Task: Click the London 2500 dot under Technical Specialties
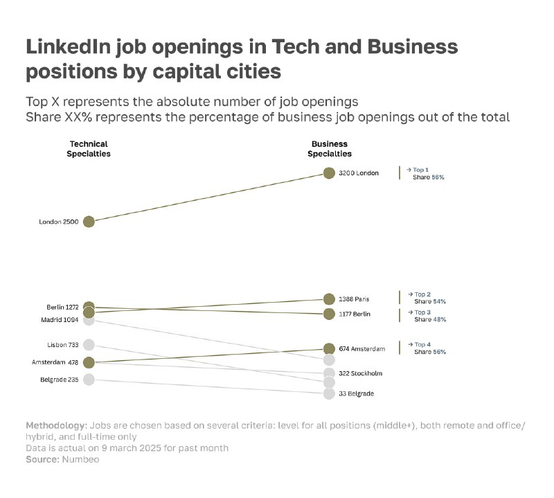pyautogui.click(x=89, y=222)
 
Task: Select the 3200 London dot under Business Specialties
pyautogui.click(x=329, y=173)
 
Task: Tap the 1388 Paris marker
pyautogui.click(x=329, y=299)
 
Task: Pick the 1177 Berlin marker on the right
pyautogui.click(x=329, y=314)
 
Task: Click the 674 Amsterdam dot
pyautogui.click(x=329, y=349)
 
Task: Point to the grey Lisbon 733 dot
pyautogui.click(x=89, y=345)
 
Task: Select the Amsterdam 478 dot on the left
pyautogui.click(x=89, y=362)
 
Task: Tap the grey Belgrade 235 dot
pyautogui.click(x=89, y=380)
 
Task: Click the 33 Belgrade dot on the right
pyautogui.click(x=329, y=393)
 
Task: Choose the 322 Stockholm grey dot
pyautogui.click(x=329, y=373)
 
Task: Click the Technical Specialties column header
pyautogui.click(x=89, y=149)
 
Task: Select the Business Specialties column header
pyautogui.click(x=330, y=149)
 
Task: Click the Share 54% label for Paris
pyautogui.click(x=430, y=301)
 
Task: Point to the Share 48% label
pyautogui.click(x=430, y=319)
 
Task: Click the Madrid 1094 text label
pyautogui.click(x=60, y=320)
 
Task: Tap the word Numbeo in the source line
pyautogui.click(x=80, y=459)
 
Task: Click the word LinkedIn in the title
pyautogui.click(x=68, y=46)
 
